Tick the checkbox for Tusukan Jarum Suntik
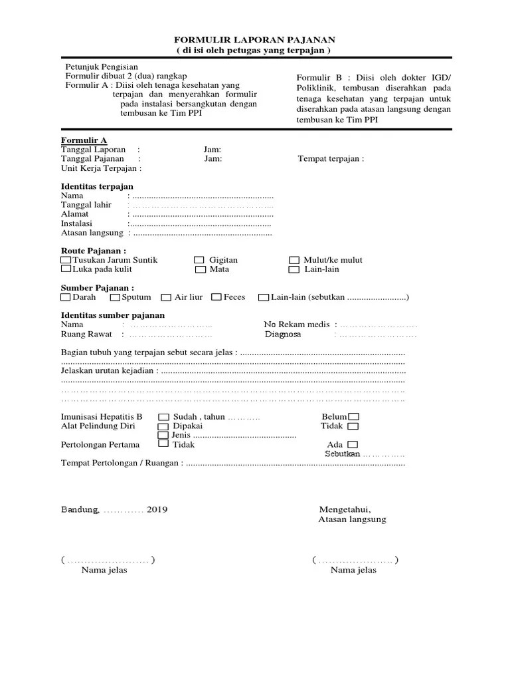[x=66, y=260]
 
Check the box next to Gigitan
[x=199, y=260]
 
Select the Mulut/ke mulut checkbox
[x=294, y=260]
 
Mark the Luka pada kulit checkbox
[x=66, y=270]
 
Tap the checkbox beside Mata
[x=200, y=270]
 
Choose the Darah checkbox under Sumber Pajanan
[x=65, y=297]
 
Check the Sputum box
[x=116, y=297]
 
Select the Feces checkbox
[x=216, y=297]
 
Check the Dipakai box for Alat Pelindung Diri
[x=163, y=426]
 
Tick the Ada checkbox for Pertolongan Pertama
[x=352, y=444]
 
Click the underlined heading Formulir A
[x=84, y=140]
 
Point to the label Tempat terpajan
[x=330, y=159]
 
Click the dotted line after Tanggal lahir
[x=203, y=205]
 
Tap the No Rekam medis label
[x=297, y=325]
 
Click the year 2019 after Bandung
[x=157, y=509]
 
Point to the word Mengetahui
[x=344, y=509]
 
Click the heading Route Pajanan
[x=93, y=251]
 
